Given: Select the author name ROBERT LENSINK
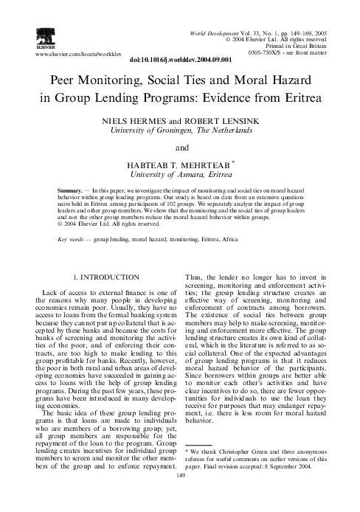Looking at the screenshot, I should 211,120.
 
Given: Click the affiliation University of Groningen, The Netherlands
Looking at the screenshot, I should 179,131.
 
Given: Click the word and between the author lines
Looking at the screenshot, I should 179,147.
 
